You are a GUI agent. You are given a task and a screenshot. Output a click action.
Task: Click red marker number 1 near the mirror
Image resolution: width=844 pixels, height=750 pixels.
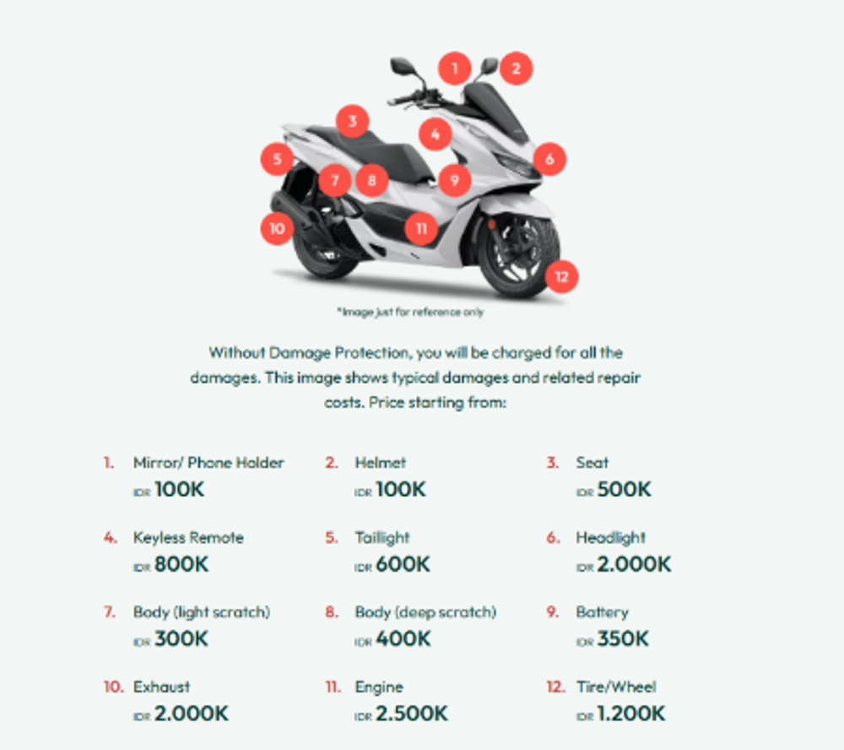pos(454,68)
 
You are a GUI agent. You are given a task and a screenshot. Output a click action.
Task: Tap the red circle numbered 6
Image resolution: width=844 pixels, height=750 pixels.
pos(549,159)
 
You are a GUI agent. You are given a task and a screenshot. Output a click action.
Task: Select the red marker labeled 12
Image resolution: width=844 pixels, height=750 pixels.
pos(561,276)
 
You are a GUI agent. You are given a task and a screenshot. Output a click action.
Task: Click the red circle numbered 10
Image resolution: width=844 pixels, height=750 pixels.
pos(277,228)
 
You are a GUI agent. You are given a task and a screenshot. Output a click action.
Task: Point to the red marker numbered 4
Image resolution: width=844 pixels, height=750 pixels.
pos(435,134)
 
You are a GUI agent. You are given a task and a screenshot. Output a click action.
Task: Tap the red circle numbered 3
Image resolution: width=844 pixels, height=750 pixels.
pos(353,121)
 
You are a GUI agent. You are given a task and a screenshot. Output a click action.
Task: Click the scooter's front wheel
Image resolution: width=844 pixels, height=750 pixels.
pos(517,253)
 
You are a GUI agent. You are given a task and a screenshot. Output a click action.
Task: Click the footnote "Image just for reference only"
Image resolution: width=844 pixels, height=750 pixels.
pos(411,312)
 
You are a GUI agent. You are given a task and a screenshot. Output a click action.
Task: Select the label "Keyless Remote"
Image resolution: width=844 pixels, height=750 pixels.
pos(188,537)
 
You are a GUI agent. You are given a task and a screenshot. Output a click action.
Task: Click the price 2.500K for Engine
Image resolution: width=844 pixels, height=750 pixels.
pos(412,714)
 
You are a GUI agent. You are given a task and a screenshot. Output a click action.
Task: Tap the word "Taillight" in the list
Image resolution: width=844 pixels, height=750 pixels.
pos(382,538)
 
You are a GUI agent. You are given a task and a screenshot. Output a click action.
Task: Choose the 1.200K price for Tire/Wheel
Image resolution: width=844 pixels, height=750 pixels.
pos(631,714)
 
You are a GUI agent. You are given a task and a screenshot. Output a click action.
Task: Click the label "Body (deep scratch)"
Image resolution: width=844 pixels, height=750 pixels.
pos(425,612)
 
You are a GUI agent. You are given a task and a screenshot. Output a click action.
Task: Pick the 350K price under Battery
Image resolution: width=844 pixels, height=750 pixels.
pos(623,639)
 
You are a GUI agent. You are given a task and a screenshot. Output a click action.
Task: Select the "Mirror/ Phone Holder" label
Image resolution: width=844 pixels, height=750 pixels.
pos(208,462)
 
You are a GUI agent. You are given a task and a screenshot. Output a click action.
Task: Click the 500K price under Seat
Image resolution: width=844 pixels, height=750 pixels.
pos(624,489)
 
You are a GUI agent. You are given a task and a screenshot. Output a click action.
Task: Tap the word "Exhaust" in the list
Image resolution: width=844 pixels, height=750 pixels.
pos(161,687)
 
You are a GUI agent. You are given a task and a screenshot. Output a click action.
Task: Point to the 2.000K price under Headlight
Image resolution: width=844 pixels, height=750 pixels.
pos(634,564)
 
